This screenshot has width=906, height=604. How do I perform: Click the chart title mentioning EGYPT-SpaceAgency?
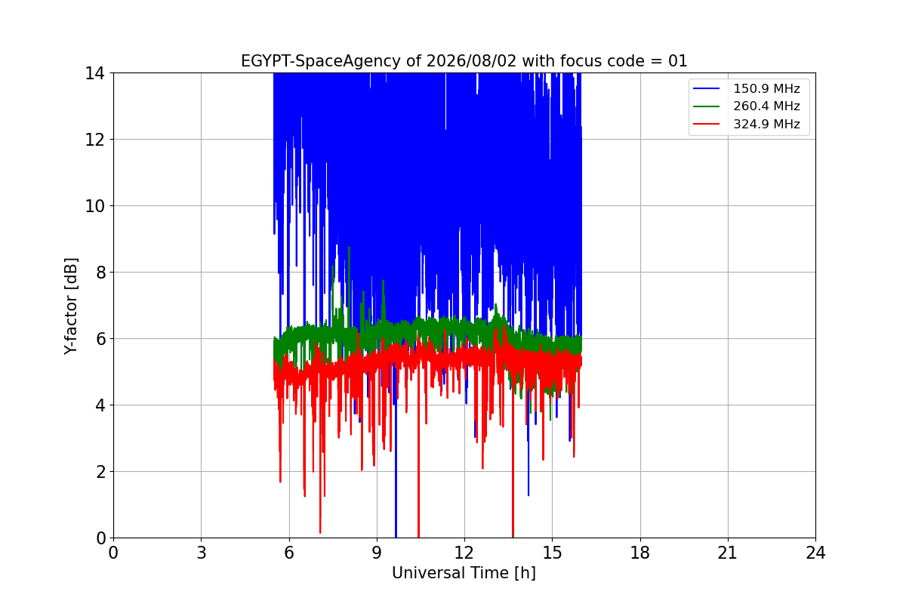click(x=464, y=61)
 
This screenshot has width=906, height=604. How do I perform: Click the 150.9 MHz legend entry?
click(x=747, y=88)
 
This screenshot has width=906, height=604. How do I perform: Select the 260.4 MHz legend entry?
click(x=747, y=106)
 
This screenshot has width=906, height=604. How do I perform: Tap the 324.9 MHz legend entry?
click(x=747, y=124)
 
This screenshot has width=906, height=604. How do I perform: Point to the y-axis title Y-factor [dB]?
click(x=70, y=307)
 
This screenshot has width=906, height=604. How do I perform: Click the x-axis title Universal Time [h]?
click(x=464, y=573)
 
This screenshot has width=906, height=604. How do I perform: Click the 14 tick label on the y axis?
click(x=94, y=74)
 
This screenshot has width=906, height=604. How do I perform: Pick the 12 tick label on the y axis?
click(x=94, y=140)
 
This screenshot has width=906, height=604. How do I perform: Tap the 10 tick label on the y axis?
click(x=94, y=206)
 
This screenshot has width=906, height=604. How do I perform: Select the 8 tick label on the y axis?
click(x=100, y=273)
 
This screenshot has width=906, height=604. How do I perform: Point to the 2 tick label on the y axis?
click(x=100, y=472)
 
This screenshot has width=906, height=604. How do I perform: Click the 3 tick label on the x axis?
click(x=202, y=553)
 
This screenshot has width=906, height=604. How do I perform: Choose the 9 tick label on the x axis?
click(x=377, y=553)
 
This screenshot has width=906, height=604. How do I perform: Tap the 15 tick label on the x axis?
click(x=553, y=553)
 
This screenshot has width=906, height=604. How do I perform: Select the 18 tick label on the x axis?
click(x=640, y=553)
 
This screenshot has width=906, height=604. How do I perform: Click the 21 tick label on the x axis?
click(x=728, y=553)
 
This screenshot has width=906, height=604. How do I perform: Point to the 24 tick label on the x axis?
click(x=815, y=553)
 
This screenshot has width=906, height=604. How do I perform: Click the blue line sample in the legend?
click(x=706, y=88)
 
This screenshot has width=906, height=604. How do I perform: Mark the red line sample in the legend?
click(x=706, y=124)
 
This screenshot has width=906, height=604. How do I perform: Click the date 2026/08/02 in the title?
click(x=472, y=61)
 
